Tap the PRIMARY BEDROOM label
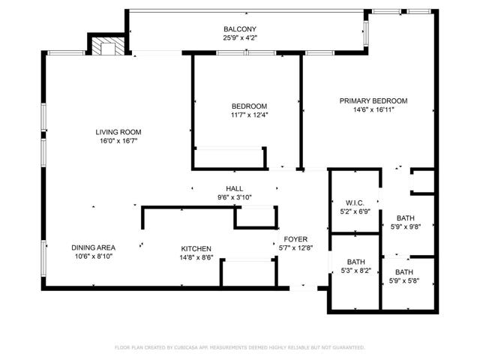pyautogui.click(x=373, y=100)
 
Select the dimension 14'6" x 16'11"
pyautogui.click(x=373, y=109)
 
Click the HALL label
pyautogui.click(x=234, y=188)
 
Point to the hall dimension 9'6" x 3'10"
pyautogui.click(x=234, y=197)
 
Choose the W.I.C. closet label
pyautogui.click(x=355, y=202)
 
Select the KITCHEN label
pyautogui.click(x=196, y=249)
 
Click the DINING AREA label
pyautogui.click(x=93, y=247)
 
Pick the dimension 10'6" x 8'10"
pyautogui.click(x=93, y=256)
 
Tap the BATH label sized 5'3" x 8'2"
pyautogui.click(x=355, y=261)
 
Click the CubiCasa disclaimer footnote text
pyautogui.click(x=239, y=347)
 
